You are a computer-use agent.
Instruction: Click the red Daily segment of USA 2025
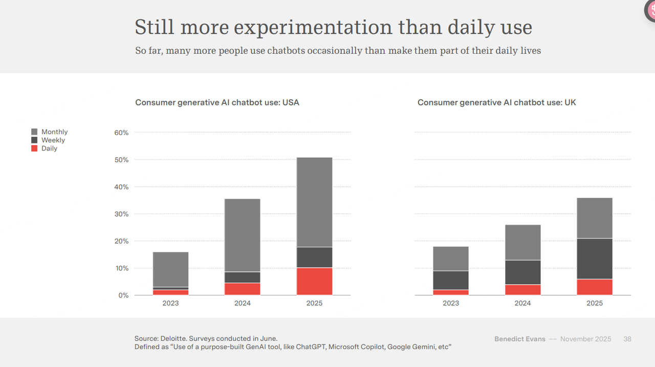tap(314, 282)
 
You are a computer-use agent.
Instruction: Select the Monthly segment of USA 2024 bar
tap(243, 235)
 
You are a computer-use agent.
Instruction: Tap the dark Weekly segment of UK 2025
tap(595, 258)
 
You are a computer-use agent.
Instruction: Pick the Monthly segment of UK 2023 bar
tap(451, 258)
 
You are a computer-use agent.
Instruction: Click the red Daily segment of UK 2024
tap(522, 290)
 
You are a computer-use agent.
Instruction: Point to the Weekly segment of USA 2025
tap(314, 257)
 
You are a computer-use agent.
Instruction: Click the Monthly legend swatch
tap(34, 132)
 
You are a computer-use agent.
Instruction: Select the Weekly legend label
tap(53, 140)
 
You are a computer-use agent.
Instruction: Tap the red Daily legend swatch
tap(34, 148)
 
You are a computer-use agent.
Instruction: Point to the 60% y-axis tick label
tap(121, 133)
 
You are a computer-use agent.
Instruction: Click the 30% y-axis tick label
tap(121, 214)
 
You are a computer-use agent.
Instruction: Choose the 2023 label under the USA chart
tap(170, 303)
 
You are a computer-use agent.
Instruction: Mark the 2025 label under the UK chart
tap(595, 303)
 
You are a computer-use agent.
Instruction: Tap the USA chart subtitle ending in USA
tap(217, 102)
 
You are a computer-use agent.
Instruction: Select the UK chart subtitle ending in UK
tap(496, 102)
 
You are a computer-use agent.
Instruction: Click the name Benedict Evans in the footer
tap(519, 339)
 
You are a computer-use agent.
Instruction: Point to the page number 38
tap(627, 339)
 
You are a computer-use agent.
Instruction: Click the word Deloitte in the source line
tap(178, 338)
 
